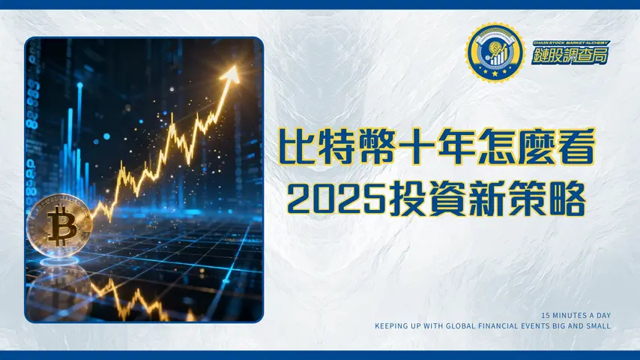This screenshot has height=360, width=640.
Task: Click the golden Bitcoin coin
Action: (x=59, y=225)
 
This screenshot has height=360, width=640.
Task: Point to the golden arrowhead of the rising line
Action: (x=232, y=73)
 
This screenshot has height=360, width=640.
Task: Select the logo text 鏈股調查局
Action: (x=570, y=55)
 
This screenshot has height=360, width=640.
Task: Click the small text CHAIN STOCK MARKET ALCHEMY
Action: (x=570, y=42)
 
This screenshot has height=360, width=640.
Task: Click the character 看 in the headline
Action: (x=576, y=146)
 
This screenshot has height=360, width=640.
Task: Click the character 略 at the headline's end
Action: (x=566, y=198)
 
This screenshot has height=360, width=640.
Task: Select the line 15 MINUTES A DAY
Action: (x=575, y=316)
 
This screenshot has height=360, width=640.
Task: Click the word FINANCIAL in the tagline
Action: (x=510, y=326)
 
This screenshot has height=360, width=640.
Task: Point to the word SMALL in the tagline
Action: (x=599, y=326)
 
